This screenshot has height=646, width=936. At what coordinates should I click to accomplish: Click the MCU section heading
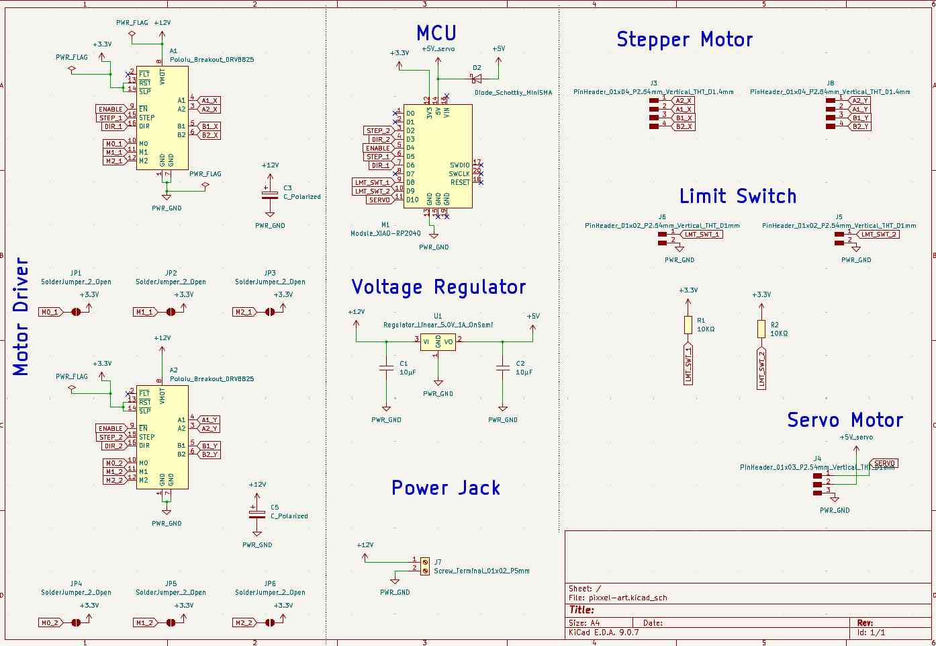[436, 33]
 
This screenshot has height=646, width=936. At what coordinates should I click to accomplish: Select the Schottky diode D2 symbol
[476, 79]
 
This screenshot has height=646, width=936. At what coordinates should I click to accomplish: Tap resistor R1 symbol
[688, 325]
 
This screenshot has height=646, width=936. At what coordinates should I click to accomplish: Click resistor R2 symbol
[761, 329]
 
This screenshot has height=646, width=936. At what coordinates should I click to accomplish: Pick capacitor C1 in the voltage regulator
[386, 368]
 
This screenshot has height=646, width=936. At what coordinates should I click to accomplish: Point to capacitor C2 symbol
[503, 368]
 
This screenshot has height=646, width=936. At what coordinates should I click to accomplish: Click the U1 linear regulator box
[438, 341]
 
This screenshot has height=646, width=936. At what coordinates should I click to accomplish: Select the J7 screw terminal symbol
[424, 565]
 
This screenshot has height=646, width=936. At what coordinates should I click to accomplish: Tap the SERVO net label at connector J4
[884, 463]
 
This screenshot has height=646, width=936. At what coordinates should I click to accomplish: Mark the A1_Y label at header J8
[859, 109]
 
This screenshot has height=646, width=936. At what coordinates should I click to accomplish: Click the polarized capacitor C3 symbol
[269, 194]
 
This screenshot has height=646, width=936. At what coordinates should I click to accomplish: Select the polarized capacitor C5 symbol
[257, 513]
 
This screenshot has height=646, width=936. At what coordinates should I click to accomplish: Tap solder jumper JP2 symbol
[171, 312]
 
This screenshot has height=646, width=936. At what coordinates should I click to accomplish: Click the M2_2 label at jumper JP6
[244, 622]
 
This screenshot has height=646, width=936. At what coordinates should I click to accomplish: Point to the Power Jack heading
[446, 488]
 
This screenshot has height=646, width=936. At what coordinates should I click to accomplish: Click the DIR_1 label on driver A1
[111, 126]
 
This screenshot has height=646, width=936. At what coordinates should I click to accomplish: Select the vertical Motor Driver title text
[21, 316]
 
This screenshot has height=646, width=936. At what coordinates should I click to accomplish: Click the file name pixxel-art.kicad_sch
[628, 598]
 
